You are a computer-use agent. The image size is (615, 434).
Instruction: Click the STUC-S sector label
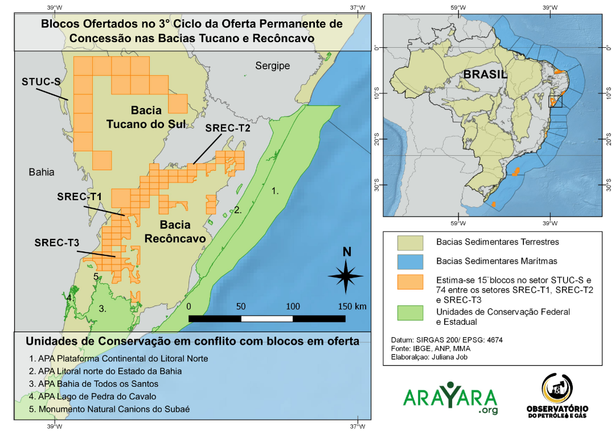(x=42, y=81)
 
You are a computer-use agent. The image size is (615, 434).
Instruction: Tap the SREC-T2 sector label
(x=228, y=129)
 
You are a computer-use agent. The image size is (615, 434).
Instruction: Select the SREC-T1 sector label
(x=79, y=196)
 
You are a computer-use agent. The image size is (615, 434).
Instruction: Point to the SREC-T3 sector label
(x=56, y=243)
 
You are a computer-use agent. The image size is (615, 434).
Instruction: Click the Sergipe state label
(x=272, y=66)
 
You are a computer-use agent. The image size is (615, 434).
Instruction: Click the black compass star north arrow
(x=346, y=276)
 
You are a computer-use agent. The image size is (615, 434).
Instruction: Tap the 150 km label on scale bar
(x=352, y=307)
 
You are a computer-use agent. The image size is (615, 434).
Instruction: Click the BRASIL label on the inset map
(x=485, y=75)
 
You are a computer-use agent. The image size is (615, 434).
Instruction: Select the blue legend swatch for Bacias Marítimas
(x=411, y=261)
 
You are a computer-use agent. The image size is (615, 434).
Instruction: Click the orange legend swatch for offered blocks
(x=411, y=281)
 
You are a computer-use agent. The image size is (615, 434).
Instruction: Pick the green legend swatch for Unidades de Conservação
(x=411, y=313)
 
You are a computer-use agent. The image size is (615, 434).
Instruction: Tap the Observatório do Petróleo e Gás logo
(x=557, y=397)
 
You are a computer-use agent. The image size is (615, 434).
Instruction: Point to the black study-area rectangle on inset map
(x=555, y=101)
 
